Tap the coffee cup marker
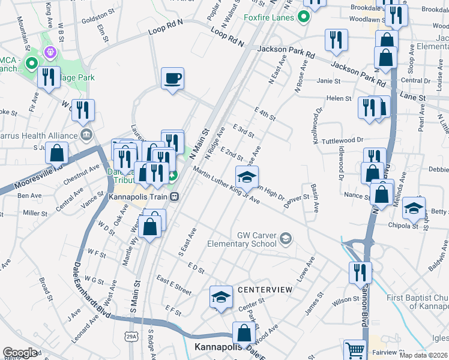(x=173, y=79)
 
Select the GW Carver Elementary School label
(x=241, y=239)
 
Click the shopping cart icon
(x=355, y=350)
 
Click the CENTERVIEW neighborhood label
(x=265, y=290)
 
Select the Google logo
(x=20, y=352)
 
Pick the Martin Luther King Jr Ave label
(x=226, y=187)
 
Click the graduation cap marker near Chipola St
(x=414, y=208)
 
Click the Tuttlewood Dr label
(x=343, y=140)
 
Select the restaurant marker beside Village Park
(x=48, y=77)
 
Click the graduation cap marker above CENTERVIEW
(x=221, y=296)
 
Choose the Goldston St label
(x=98, y=13)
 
